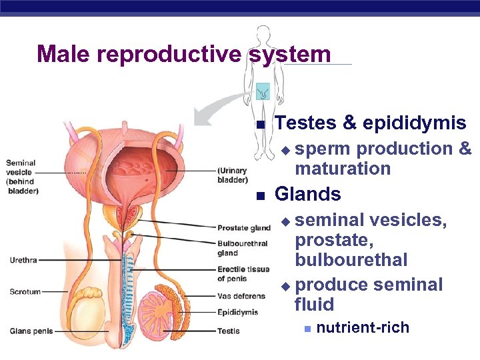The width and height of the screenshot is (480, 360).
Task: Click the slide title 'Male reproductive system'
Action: (183, 54)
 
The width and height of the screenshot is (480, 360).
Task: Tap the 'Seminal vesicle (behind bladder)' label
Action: (21, 177)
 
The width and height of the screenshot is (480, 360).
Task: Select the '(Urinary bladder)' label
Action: (233, 175)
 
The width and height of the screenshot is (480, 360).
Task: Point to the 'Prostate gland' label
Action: (244, 228)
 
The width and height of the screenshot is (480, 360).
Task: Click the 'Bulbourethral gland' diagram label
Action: (242, 248)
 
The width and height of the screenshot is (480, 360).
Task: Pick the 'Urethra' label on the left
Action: (23, 260)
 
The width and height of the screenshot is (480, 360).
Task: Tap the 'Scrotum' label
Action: (25, 291)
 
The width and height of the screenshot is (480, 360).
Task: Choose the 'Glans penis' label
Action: (31, 331)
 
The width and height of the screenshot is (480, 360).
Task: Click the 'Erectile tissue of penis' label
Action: (243, 274)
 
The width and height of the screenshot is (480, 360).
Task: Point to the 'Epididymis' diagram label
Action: (237, 312)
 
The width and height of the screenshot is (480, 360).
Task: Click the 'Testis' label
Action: (228, 331)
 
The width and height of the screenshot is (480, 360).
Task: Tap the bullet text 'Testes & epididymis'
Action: (370, 123)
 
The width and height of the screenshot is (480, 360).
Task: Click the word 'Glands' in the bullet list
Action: (307, 194)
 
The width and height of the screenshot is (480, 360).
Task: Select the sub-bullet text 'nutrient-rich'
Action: (363, 327)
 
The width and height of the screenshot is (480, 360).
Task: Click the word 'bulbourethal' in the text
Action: (351, 259)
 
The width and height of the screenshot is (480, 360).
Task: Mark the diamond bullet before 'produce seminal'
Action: (286, 286)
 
